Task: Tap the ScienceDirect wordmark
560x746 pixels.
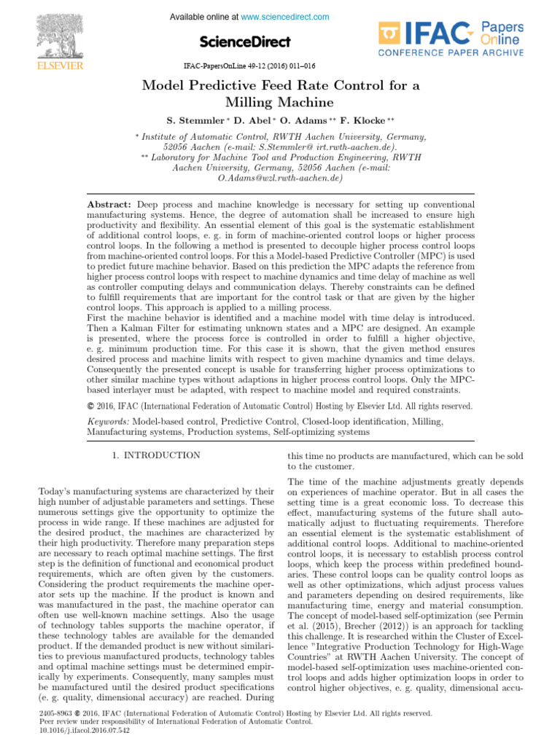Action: (245, 42)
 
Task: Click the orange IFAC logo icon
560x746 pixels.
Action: (391, 33)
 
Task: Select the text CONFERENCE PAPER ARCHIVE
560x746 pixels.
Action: (450, 52)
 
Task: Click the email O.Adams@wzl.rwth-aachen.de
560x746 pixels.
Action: (280, 177)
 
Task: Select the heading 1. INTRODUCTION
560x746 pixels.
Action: (156, 455)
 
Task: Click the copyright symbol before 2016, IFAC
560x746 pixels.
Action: (90, 407)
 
